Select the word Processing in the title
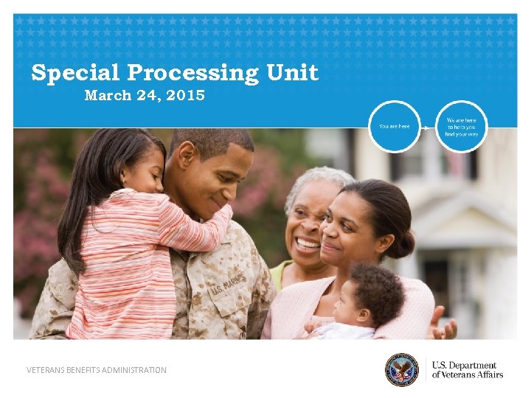[x=193, y=74]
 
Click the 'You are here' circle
[x=395, y=126]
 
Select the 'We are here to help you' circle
[x=462, y=126]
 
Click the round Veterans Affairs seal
[x=401, y=369]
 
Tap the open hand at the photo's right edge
[x=442, y=324]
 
